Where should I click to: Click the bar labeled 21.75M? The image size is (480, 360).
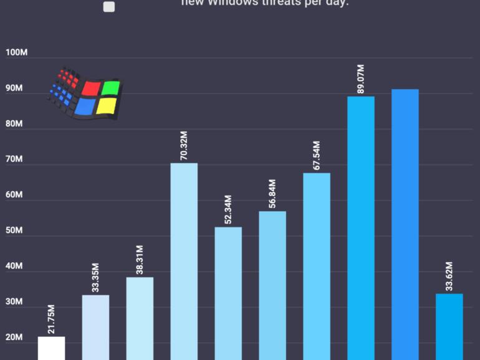point(51,348)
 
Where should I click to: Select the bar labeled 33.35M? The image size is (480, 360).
point(95,327)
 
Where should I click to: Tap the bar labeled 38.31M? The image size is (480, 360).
point(140,318)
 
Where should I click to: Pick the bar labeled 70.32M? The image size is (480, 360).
point(184,262)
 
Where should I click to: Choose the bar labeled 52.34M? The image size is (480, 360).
point(228,293)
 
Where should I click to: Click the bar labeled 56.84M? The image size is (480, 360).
point(272,285)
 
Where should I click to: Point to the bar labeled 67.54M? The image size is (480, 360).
point(317,266)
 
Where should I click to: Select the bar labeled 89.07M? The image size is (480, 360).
point(361,228)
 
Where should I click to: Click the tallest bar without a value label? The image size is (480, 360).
point(405,224)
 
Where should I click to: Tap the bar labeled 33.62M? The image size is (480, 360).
point(449,326)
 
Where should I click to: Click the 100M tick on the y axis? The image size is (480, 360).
point(16,52)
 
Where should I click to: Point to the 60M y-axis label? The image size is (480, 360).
point(14,195)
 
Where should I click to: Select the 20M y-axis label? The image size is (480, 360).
point(14,338)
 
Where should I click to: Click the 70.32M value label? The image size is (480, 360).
point(184,145)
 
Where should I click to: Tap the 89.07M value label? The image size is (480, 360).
point(361,78)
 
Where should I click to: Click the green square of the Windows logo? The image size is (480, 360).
point(111,88)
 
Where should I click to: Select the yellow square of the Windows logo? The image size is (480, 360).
point(107,106)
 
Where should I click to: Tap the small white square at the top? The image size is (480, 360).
point(109,7)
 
